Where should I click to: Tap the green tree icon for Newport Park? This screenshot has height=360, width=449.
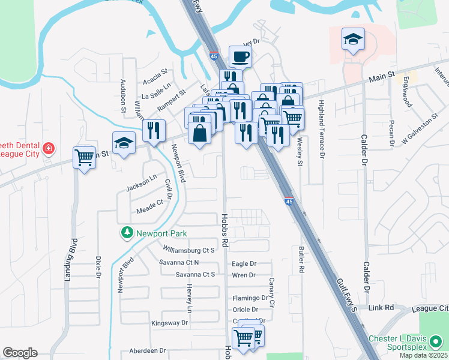click(x=127, y=233)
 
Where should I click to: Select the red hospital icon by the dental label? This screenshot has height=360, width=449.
click(x=47, y=148)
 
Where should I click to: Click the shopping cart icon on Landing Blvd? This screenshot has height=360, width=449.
click(x=85, y=157)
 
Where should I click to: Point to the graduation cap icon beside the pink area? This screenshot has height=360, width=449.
click(x=353, y=40)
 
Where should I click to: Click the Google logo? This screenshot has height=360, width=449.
click(x=20, y=353)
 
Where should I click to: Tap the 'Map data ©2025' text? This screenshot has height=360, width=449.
click(x=423, y=355)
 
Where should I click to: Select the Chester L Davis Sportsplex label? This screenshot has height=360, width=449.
click(x=406, y=343)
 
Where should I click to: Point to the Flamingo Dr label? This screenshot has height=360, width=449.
click(x=250, y=298)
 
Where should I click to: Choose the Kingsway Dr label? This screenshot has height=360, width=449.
click(x=170, y=323)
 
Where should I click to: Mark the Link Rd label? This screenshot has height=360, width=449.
click(x=381, y=308)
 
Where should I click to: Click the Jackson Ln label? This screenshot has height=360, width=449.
click(x=142, y=184)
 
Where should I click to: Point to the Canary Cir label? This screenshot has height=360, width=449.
click(x=271, y=293)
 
